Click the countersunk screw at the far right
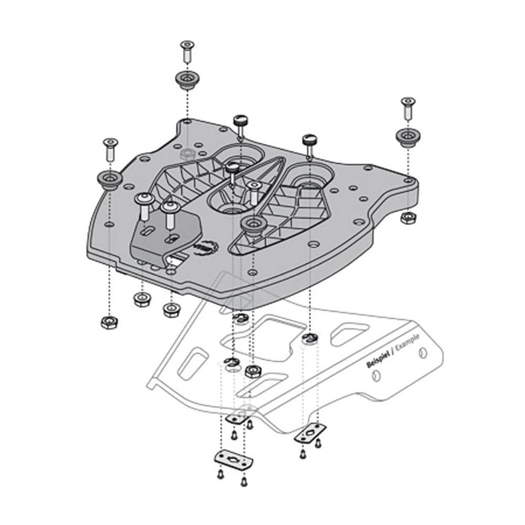click(x=407, y=108)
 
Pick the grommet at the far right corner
click(x=407, y=137)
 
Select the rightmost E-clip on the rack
click(x=309, y=340)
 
